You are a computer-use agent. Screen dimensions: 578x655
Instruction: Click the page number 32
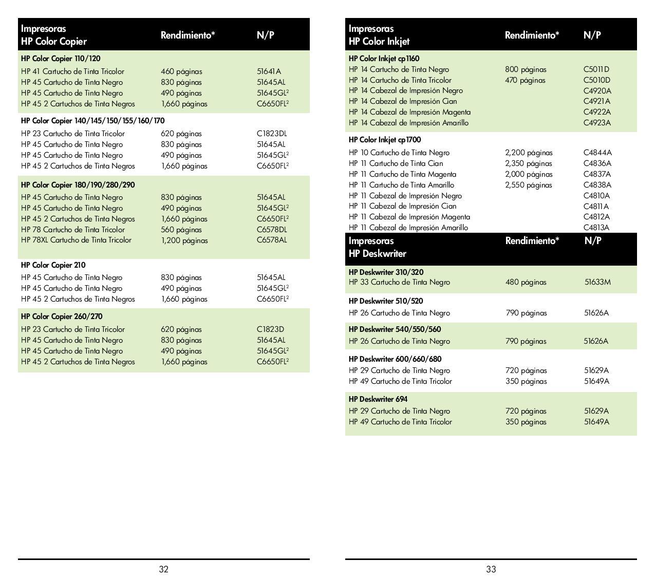click(163, 569)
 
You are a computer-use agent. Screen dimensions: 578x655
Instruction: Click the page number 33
click(491, 569)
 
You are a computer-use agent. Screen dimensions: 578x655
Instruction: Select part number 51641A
click(269, 71)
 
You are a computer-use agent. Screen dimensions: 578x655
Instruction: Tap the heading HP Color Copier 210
click(53, 265)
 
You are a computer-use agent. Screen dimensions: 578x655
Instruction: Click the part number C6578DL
click(272, 230)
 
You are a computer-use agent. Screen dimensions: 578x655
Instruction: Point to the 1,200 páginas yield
click(184, 240)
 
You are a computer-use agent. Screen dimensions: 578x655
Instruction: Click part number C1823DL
click(272, 134)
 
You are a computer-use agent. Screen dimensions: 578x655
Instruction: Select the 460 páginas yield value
click(181, 71)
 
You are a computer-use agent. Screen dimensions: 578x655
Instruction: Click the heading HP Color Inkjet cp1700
click(384, 140)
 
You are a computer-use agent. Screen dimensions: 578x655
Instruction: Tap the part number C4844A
click(597, 153)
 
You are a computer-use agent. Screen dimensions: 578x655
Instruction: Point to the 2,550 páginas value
click(528, 185)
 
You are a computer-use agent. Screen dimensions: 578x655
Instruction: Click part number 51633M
click(597, 282)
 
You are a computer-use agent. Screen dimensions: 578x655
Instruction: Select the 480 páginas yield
click(526, 282)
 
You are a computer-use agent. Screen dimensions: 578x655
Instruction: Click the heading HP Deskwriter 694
click(378, 399)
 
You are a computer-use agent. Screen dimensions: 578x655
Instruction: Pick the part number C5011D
click(596, 69)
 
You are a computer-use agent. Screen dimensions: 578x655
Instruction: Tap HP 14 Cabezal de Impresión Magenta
click(409, 112)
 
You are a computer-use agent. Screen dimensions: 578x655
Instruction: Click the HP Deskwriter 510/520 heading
click(385, 301)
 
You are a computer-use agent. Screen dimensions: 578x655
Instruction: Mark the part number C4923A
click(597, 123)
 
